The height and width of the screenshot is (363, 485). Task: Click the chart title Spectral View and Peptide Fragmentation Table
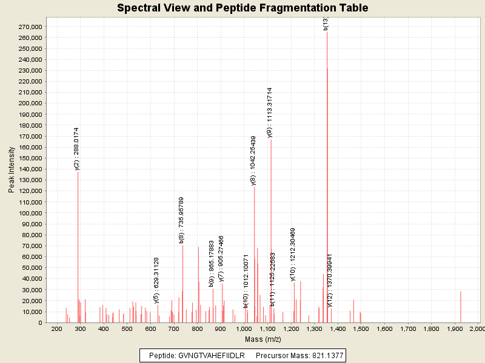tap(242, 8)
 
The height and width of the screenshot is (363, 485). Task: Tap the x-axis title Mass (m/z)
tap(262, 339)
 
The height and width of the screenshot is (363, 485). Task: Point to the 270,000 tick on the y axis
tap(29, 27)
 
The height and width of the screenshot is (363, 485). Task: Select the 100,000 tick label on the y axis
tap(29, 213)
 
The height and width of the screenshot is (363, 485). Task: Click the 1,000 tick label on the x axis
tap(244, 329)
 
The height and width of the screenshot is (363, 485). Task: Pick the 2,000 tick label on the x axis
tap(477, 329)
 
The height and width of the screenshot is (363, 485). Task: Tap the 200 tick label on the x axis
tap(57, 329)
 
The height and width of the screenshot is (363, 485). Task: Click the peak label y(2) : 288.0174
tap(77, 149)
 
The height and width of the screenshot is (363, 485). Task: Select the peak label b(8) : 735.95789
tap(181, 220)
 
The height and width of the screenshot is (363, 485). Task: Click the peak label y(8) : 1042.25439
tap(253, 160)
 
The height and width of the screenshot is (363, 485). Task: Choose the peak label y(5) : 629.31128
tap(156, 280)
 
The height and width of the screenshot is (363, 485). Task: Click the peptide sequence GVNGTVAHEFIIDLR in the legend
tap(211, 356)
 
